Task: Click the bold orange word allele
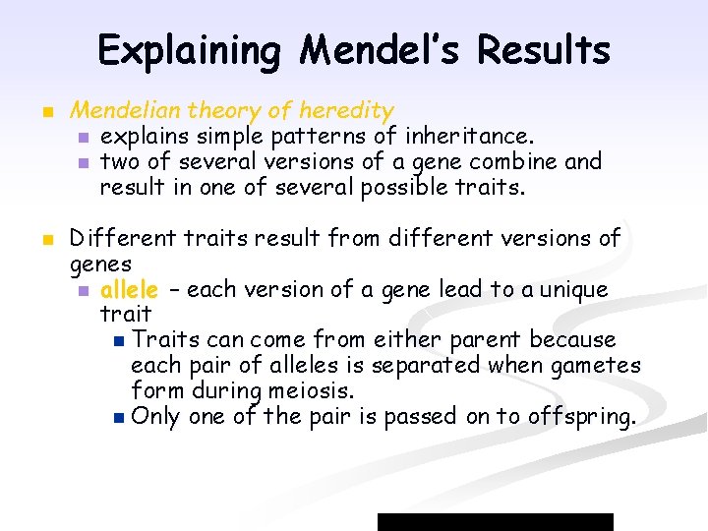pyautogui.click(x=129, y=289)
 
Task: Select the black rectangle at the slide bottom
pyautogui.click(x=496, y=521)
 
